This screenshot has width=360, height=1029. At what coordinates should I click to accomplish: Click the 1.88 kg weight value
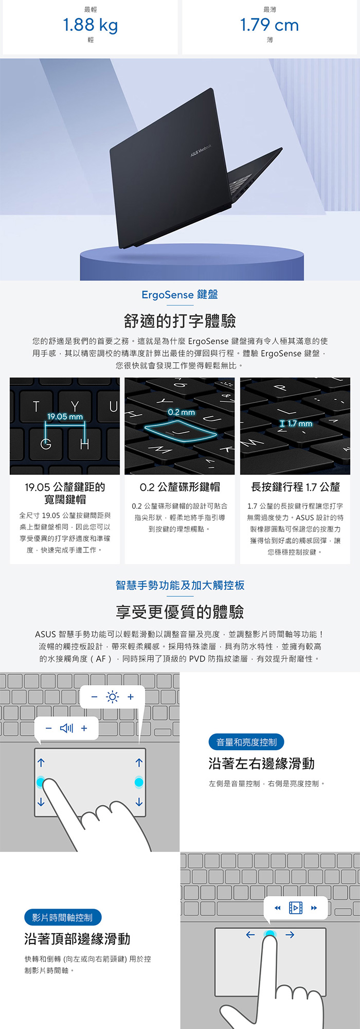click(91, 25)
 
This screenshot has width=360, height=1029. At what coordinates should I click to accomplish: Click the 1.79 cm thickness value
click(269, 25)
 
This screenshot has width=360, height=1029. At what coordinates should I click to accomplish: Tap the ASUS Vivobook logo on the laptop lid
click(201, 150)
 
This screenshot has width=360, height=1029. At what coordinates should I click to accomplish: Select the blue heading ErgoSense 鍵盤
click(180, 294)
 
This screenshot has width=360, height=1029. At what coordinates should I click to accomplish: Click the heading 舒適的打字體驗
click(180, 321)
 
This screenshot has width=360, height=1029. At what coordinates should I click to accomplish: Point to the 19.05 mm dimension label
click(65, 417)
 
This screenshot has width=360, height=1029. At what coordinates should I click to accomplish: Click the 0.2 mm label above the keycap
click(182, 412)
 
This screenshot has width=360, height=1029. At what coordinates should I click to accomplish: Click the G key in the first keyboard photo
click(46, 443)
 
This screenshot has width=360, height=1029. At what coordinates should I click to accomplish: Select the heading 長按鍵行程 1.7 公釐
click(296, 487)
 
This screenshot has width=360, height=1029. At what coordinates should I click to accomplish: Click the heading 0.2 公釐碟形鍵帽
click(179, 487)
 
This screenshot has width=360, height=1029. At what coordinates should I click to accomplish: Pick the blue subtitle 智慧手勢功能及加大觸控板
click(180, 585)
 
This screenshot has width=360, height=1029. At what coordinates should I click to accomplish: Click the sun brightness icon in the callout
click(112, 697)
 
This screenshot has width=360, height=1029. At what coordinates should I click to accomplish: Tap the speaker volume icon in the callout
click(67, 728)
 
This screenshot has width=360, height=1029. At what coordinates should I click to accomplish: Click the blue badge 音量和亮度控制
click(246, 742)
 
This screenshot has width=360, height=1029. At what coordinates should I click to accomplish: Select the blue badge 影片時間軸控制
click(63, 917)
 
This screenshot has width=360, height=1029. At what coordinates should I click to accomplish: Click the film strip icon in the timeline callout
click(296, 908)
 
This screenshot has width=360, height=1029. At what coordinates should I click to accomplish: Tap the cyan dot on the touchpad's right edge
click(139, 782)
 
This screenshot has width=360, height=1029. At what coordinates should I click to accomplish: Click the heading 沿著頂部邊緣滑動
click(77, 939)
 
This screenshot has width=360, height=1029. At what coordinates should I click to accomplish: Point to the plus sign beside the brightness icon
click(131, 697)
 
